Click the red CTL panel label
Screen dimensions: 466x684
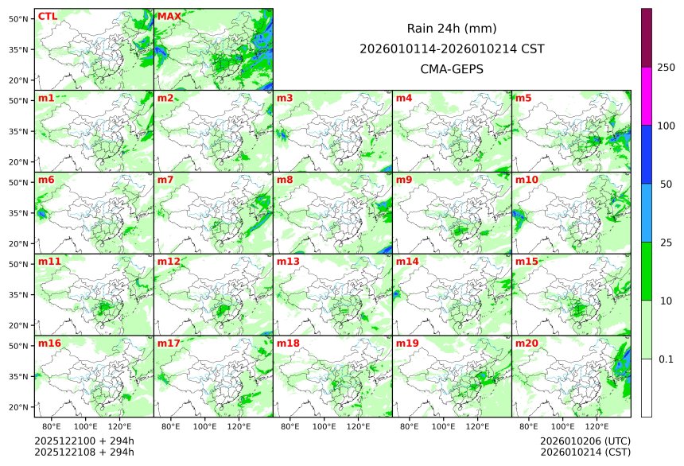point(47,16)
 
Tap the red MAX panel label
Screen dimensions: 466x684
point(169,16)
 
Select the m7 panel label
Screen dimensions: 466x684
point(165,180)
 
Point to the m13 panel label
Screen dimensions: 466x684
point(288,261)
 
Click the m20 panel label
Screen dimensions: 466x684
point(527,343)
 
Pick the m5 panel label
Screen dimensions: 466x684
point(523,98)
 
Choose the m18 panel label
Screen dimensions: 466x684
point(288,343)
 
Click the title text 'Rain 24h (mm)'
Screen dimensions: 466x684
point(452,28)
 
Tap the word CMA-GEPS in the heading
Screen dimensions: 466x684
point(452,69)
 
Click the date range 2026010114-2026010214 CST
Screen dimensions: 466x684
point(452,49)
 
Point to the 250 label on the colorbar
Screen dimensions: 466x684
point(666,68)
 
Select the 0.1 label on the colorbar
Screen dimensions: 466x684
point(666,359)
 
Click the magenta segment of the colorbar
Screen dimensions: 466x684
point(647,95)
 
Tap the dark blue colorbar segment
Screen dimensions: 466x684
point(647,154)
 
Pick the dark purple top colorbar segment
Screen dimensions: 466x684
point(647,37)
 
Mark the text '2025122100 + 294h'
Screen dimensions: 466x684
point(84,441)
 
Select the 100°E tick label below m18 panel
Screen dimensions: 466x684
point(324,426)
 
